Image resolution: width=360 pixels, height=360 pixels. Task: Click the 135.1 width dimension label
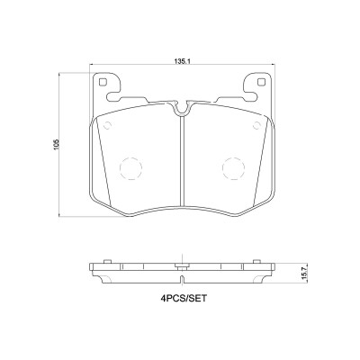[183, 61]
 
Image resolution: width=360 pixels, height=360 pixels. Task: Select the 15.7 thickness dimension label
[305, 274]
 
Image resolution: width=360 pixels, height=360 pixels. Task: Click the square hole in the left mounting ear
[103, 82]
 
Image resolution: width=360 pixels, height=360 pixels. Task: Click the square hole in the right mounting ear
[261, 82]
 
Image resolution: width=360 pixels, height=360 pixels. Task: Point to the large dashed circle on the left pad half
[130, 169]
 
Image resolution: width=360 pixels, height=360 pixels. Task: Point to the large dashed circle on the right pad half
[233, 169]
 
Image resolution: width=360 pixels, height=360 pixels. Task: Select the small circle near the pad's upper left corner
[107, 125]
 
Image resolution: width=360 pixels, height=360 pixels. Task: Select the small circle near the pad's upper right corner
[257, 125]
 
